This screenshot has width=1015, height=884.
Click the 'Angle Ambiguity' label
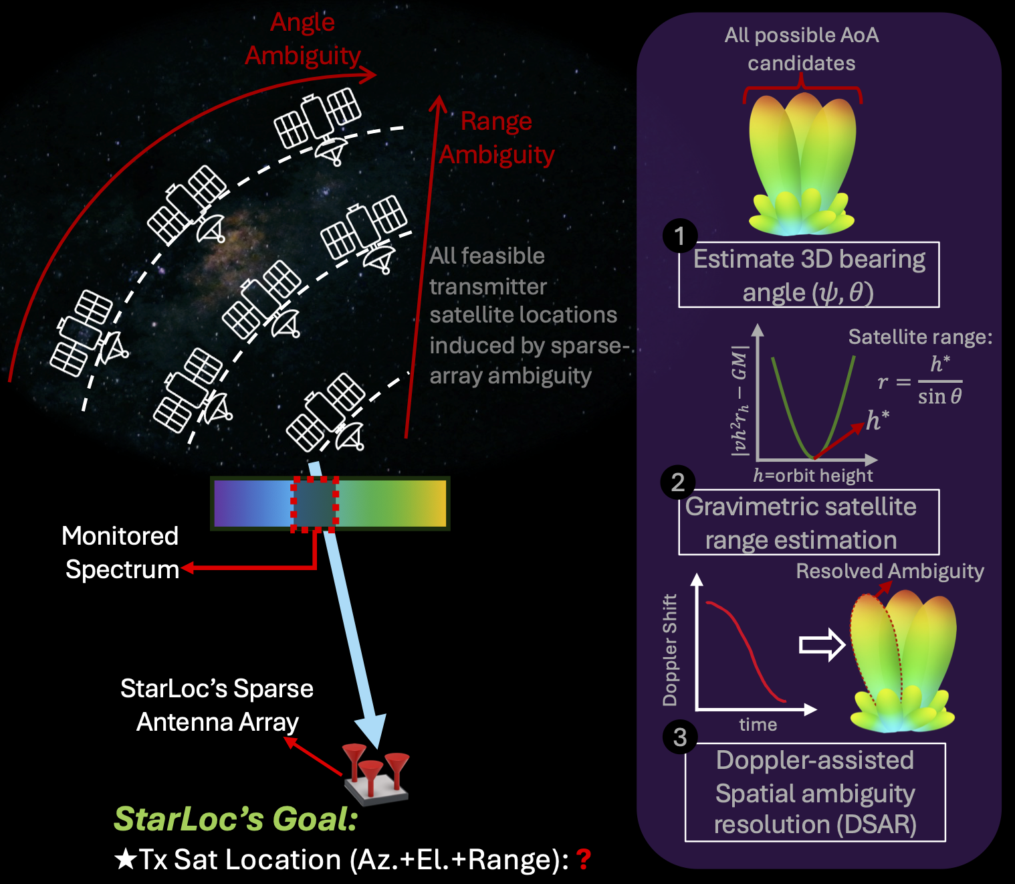[302, 39]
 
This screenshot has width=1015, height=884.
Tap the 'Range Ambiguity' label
[496, 138]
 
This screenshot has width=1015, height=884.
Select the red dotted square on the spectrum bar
[314, 505]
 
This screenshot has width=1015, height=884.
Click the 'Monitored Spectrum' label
[121, 552]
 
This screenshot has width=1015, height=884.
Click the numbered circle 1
[680, 236]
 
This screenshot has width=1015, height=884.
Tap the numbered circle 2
[678, 482]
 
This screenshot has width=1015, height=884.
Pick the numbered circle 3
[680, 737]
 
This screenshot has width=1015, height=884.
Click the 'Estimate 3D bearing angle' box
[809, 275]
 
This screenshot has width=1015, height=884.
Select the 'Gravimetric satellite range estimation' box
[809, 523]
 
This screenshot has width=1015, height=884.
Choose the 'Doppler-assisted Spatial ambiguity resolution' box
[815, 792]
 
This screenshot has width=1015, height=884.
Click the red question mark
[584, 859]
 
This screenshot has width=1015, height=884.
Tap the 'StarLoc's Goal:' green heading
[236, 818]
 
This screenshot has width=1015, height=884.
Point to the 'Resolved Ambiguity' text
[890, 571]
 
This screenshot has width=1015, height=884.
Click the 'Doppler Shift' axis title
[670, 650]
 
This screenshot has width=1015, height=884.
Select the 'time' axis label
[758, 725]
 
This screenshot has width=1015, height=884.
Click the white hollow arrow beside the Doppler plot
[822, 645]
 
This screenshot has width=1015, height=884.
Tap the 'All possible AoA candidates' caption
[802, 49]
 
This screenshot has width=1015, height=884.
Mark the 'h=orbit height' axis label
[812, 475]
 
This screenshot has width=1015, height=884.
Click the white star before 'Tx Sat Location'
[126, 859]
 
